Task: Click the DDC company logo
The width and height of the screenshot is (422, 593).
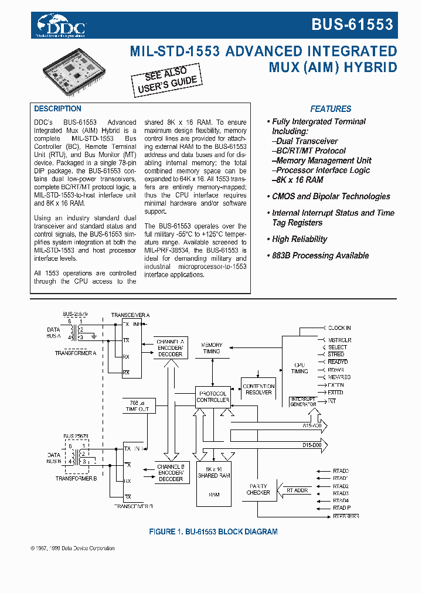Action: [62, 25]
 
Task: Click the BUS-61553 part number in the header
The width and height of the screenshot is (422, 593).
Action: [352, 25]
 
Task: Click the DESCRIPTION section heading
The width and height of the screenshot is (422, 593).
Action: [57, 109]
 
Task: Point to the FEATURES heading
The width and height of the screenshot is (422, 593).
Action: [331, 109]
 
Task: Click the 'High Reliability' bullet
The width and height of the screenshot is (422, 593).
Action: [299, 239]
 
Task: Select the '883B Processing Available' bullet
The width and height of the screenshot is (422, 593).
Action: [319, 255]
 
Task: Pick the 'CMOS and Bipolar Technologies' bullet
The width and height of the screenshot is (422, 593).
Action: [331, 197]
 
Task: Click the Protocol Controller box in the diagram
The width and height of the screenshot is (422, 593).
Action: [212, 397]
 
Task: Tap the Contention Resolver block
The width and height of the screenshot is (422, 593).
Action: [258, 389]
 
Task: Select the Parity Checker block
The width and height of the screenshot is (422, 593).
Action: [258, 489]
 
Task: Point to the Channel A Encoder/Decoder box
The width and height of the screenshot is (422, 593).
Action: [170, 347]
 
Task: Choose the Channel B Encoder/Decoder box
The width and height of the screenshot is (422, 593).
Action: [170, 472]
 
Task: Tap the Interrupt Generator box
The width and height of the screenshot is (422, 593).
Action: [303, 402]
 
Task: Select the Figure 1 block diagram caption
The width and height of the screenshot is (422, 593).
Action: [213, 532]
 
